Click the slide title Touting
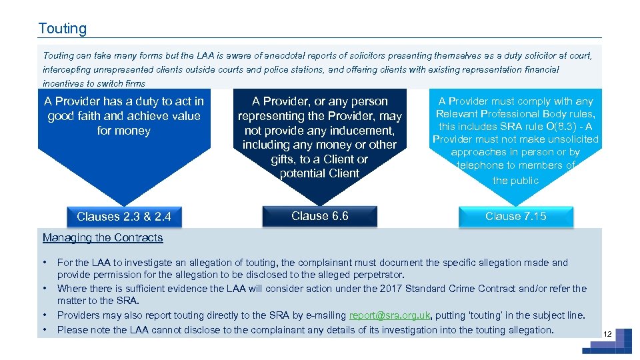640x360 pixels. (63, 29)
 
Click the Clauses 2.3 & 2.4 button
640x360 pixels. (124, 217)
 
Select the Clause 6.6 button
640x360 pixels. (320, 216)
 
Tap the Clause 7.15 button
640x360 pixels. (515, 216)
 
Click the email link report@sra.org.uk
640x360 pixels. (390, 315)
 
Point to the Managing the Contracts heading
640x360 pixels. (103, 238)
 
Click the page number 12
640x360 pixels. (607, 333)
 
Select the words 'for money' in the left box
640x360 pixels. (124, 131)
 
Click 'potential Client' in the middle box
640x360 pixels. (320, 173)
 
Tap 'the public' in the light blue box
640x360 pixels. (515, 180)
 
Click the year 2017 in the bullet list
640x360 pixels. (390, 289)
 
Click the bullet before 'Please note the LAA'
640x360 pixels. (45, 329)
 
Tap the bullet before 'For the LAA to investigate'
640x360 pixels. (45, 261)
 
